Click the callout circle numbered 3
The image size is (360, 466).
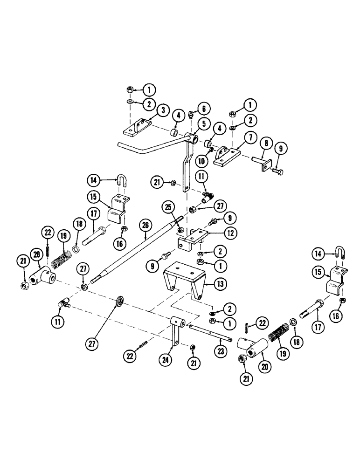(163, 110)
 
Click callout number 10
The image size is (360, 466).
(201, 161)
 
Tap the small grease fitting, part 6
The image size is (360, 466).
(192, 114)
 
